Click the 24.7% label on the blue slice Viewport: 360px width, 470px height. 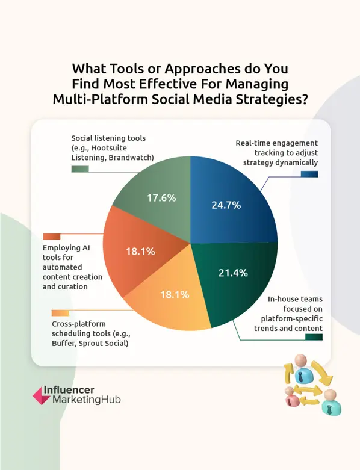226,205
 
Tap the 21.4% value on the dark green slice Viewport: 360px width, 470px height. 232,273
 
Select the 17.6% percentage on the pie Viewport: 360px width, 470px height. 161,197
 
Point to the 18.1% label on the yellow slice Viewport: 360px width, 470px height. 175,295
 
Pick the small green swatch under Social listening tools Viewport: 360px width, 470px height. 80,169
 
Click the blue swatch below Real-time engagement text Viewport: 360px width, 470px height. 310,174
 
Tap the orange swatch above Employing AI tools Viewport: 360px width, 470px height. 52,237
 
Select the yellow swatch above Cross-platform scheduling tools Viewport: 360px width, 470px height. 61,313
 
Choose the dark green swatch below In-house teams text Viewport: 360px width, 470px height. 314,337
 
